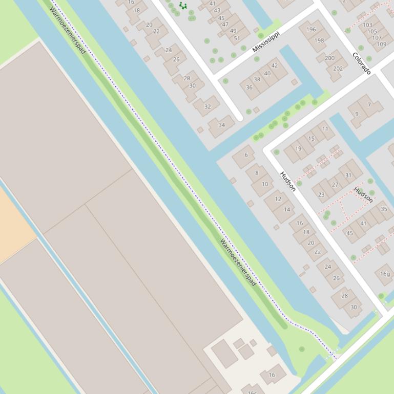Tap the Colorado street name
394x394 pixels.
362,63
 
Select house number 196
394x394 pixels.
311,29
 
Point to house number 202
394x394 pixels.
338,69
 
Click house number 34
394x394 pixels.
221,125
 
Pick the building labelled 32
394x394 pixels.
208,106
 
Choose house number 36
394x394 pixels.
249,87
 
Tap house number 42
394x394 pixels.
275,65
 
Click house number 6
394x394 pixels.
246,155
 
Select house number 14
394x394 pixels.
287,209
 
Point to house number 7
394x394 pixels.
369,105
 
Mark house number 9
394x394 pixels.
357,114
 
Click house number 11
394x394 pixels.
325,129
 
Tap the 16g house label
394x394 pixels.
385,274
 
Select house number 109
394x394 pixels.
381,44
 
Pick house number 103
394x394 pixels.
367,25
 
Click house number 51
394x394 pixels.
236,38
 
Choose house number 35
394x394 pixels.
384,209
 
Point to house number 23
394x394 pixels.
321,194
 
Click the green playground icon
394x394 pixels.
182,6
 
